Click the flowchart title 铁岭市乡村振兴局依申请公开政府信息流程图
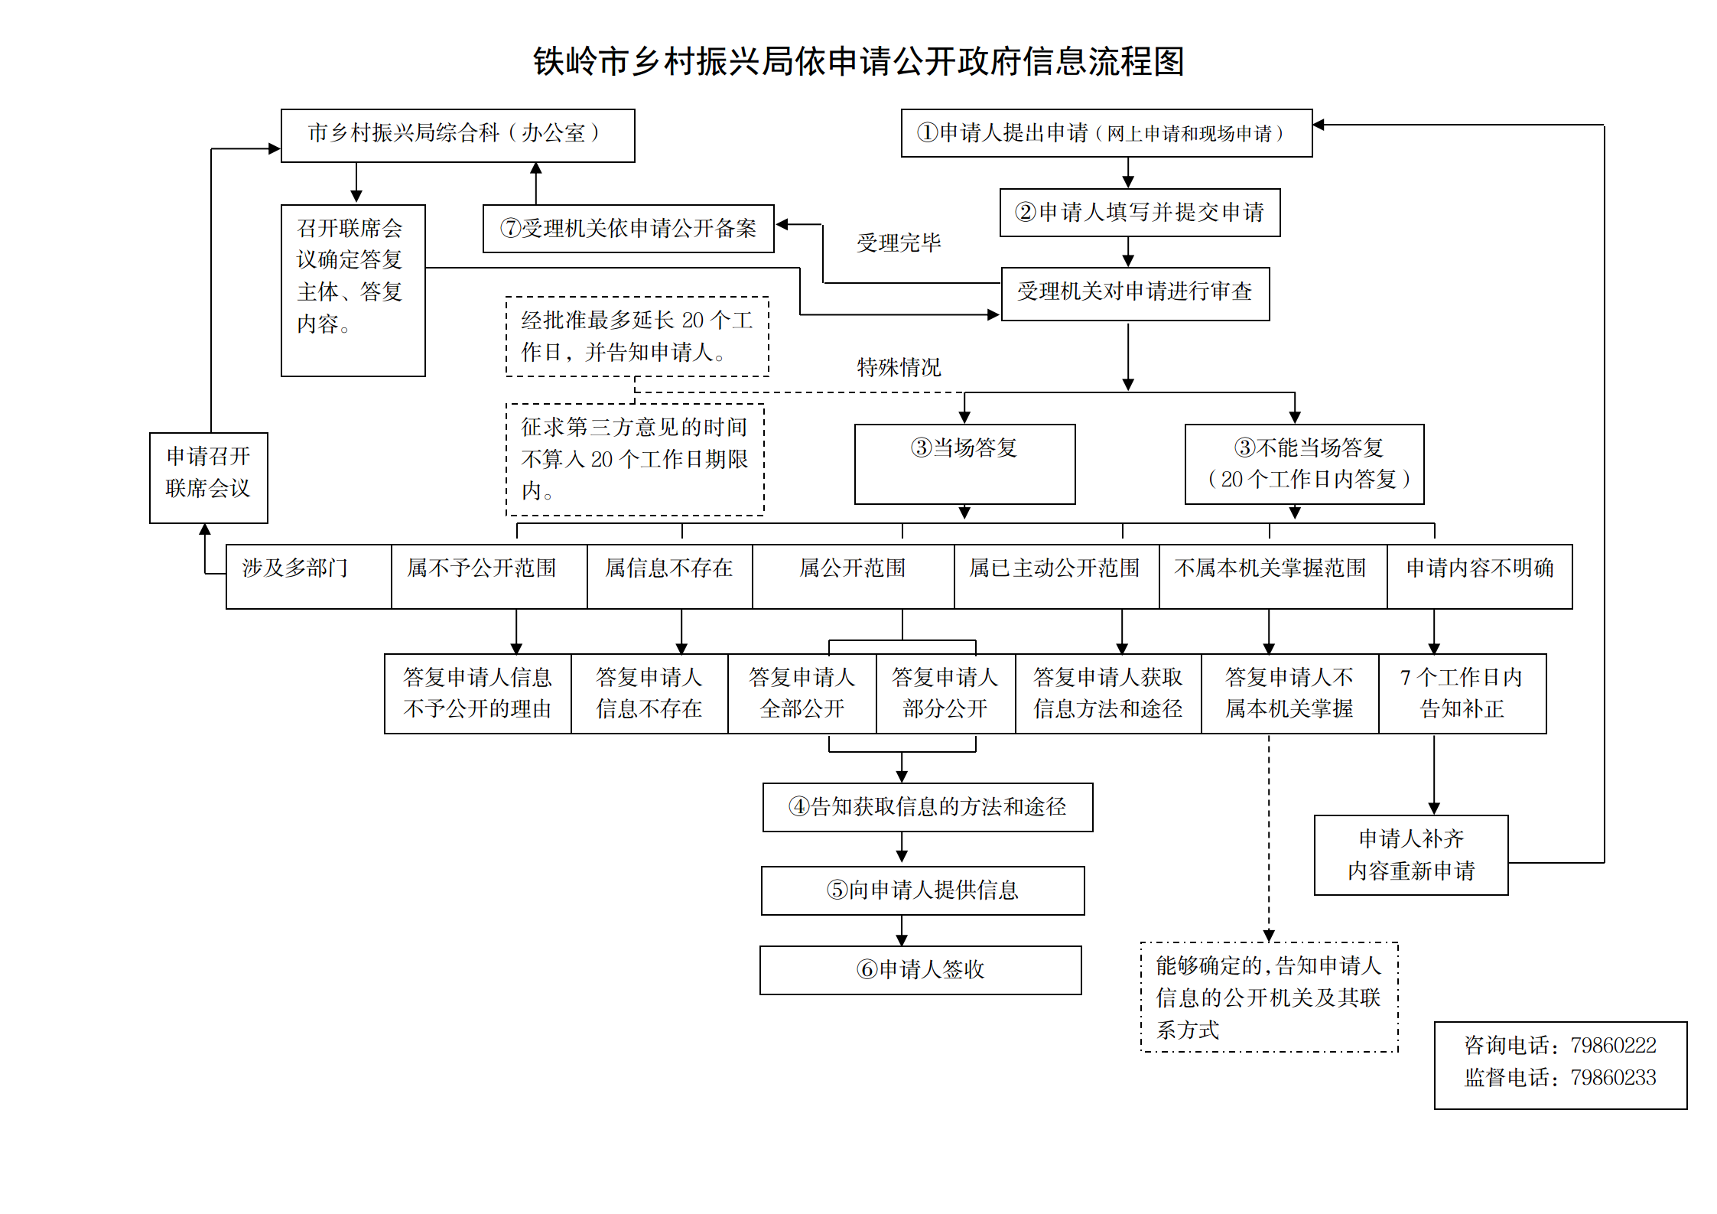point(858,61)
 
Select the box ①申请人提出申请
point(1107,133)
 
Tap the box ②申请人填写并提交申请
point(1140,213)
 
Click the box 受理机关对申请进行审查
point(1135,294)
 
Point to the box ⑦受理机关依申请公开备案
point(629,228)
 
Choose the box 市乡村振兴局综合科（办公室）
point(458,135)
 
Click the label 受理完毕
point(899,243)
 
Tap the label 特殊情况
point(899,367)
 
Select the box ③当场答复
point(965,464)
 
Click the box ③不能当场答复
point(1305,464)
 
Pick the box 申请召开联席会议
point(209,478)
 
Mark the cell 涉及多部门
point(309,577)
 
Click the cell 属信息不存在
point(670,577)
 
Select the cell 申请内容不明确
point(1480,577)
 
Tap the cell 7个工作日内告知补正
point(1462,694)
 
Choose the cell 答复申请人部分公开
point(946,694)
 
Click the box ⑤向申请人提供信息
point(923,890)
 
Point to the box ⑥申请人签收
point(921,971)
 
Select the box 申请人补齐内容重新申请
point(1411,855)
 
